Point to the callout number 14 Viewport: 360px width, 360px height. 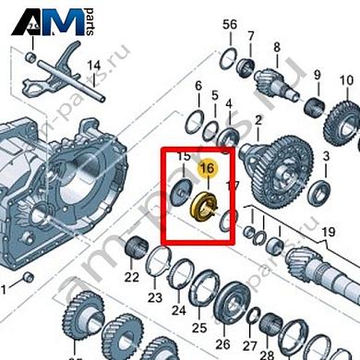pyautogui.click(x=92, y=66)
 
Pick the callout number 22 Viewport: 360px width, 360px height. pyautogui.click(x=132, y=277)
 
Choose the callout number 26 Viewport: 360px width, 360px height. pyautogui.click(x=222, y=330)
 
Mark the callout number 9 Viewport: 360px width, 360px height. pyautogui.click(x=317, y=76)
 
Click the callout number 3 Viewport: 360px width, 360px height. pyautogui.click(x=326, y=160)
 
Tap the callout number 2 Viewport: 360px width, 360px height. pyautogui.click(x=258, y=120)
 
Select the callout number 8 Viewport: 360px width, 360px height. pyautogui.click(x=276, y=46)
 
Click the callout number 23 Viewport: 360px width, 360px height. pyautogui.click(x=155, y=297)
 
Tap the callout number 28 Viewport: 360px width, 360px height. pyautogui.click(x=269, y=354)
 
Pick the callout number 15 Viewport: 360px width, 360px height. pyautogui.click(x=183, y=158)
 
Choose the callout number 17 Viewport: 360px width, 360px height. pyautogui.click(x=233, y=186)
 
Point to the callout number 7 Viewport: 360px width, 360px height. pyautogui.click(x=250, y=37)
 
